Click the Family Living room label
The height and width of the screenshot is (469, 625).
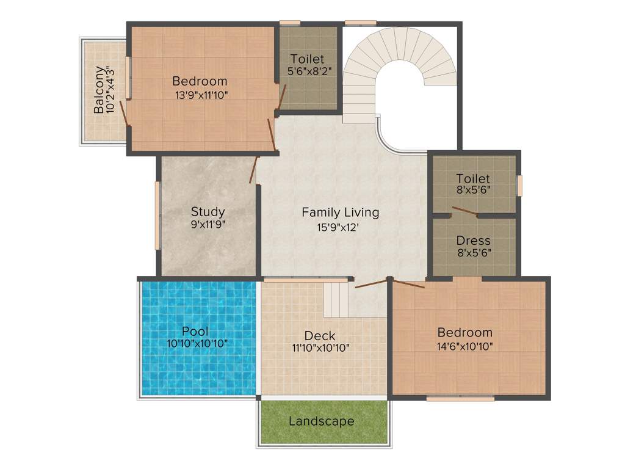click(x=340, y=213)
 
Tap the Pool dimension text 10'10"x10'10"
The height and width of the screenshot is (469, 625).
click(x=197, y=344)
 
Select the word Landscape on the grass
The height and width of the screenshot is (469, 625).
click(x=321, y=421)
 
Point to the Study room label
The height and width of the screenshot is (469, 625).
click(x=208, y=212)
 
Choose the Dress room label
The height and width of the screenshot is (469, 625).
click(x=473, y=241)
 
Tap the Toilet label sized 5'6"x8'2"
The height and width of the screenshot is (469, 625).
click(x=307, y=59)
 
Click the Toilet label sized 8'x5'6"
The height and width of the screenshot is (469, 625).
click(x=473, y=179)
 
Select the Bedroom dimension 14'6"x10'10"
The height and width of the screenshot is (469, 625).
click(x=464, y=346)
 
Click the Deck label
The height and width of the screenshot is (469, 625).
click(x=320, y=336)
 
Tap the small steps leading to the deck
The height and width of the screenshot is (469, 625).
click(x=335, y=299)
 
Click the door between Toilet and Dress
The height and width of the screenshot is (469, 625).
click(x=465, y=211)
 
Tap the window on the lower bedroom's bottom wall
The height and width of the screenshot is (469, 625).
click(x=460, y=399)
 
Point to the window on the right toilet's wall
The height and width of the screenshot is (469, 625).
click(x=519, y=186)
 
